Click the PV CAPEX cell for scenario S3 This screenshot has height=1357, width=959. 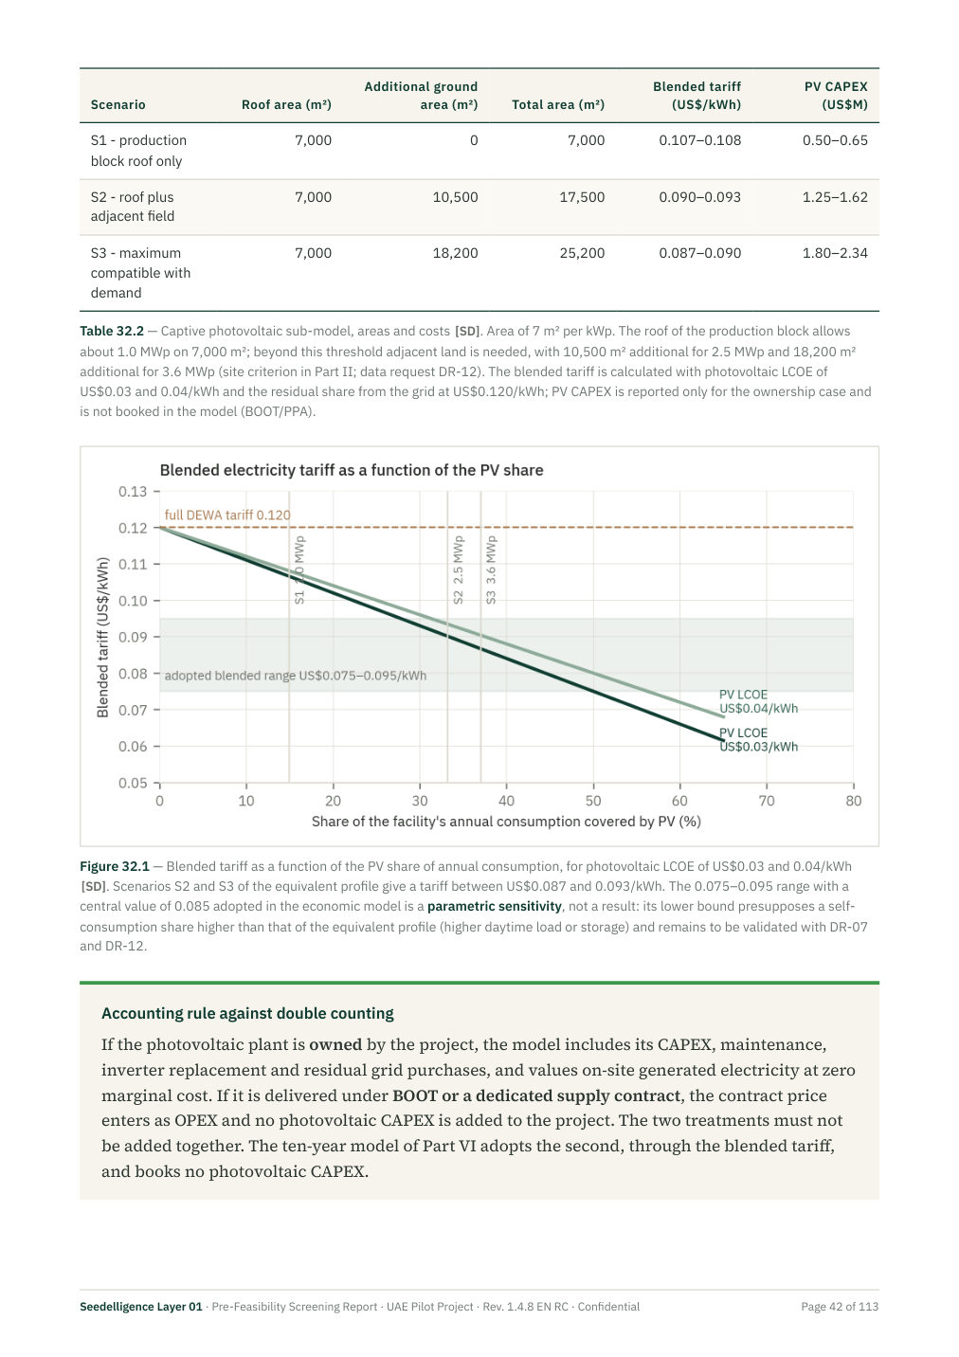click(x=834, y=253)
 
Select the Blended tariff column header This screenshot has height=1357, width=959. click(x=697, y=96)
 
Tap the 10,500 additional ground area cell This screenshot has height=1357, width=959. click(x=455, y=197)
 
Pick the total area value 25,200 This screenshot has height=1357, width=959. click(x=582, y=253)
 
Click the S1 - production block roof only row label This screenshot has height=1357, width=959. click(x=138, y=151)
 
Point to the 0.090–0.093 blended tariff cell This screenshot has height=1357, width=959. click(x=699, y=197)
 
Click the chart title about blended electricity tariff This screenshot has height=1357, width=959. click(x=352, y=470)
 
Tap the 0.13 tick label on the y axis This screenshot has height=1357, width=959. click(x=133, y=491)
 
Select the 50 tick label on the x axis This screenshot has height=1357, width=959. click(x=593, y=801)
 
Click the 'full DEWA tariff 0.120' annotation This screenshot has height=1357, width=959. click(x=227, y=515)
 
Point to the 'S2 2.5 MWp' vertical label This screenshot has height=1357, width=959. click(x=459, y=570)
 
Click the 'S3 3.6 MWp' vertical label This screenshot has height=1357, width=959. click(x=491, y=570)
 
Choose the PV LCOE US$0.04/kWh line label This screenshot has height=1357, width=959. click(x=758, y=701)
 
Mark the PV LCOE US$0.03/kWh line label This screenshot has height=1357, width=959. click(x=758, y=740)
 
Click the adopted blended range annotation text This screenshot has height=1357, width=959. click(x=296, y=676)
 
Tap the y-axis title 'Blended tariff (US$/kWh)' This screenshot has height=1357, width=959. click(x=103, y=638)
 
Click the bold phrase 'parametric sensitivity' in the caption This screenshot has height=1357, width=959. click(x=495, y=906)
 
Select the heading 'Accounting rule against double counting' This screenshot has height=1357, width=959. click(x=247, y=1014)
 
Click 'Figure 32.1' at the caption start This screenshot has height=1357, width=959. click(x=115, y=866)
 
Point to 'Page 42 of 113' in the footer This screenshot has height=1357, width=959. click(x=840, y=1306)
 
